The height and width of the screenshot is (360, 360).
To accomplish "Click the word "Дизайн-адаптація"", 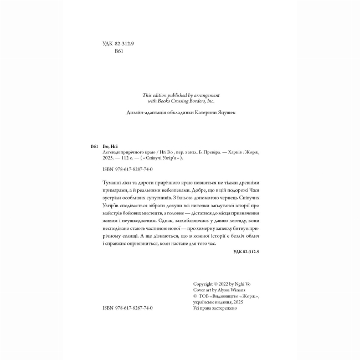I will [x=146, y=112].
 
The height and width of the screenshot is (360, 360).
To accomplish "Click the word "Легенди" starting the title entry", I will [x=112, y=152].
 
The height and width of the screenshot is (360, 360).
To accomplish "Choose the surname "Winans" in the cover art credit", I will [x=234, y=290].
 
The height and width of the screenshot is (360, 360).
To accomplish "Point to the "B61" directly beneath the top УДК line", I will [x=118, y=50].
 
